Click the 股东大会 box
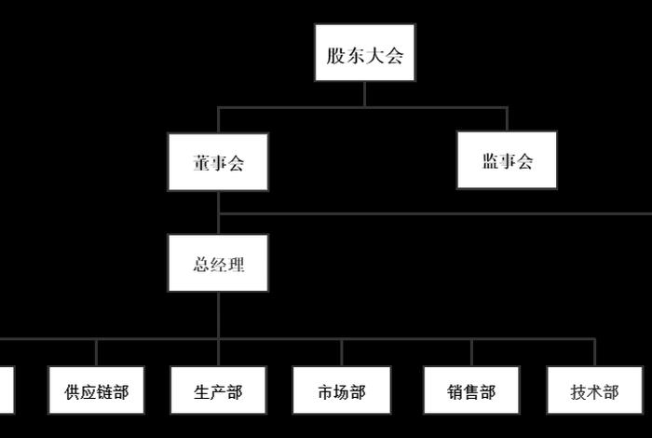pyautogui.click(x=364, y=55)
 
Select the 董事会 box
pyautogui.click(x=218, y=162)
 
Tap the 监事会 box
pyautogui.click(x=507, y=160)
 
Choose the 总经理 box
pyautogui.click(x=218, y=264)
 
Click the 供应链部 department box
pyautogui.click(x=96, y=391)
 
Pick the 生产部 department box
pyautogui.click(x=218, y=391)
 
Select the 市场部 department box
pyautogui.click(x=341, y=391)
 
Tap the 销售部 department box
pyautogui.click(x=471, y=391)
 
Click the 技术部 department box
pyautogui.click(x=594, y=391)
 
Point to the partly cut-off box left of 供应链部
pyautogui.click(x=6, y=391)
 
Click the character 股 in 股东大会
pyautogui.click(x=335, y=55)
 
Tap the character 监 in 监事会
pyautogui.click(x=491, y=161)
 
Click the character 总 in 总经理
pyautogui.click(x=201, y=265)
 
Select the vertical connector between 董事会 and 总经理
pyautogui.click(x=218, y=212)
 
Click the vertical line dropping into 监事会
pyautogui.click(x=507, y=118)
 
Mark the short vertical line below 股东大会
pyautogui.click(x=364, y=93)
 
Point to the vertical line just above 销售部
pyautogui.click(x=471, y=352)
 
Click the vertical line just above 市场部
pyautogui.click(x=341, y=352)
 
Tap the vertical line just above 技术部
pyautogui.click(x=594, y=352)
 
